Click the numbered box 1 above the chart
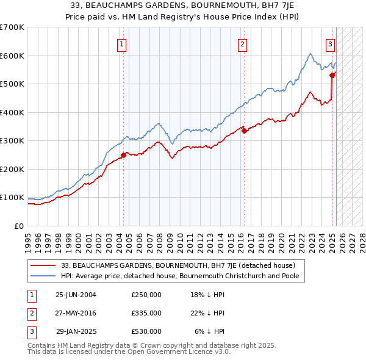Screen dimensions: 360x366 click(x=123, y=44)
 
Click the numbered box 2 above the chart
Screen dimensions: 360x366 click(x=243, y=44)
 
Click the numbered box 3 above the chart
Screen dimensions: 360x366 click(x=330, y=44)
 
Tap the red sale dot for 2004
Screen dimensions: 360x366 click(x=123, y=155)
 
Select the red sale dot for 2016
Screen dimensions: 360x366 click(x=243, y=130)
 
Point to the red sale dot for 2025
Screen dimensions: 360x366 click(x=332, y=75)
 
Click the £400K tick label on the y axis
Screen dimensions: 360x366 click(x=12, y=112)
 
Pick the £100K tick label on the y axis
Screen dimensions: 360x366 click(x=12, y=198)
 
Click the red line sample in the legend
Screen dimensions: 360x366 click(x=43, y=265)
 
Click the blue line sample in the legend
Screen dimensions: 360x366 click(x=43, y=276)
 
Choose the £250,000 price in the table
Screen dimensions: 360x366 click(x=146, y=295)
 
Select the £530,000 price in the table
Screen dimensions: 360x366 click(x=146, y=331)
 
